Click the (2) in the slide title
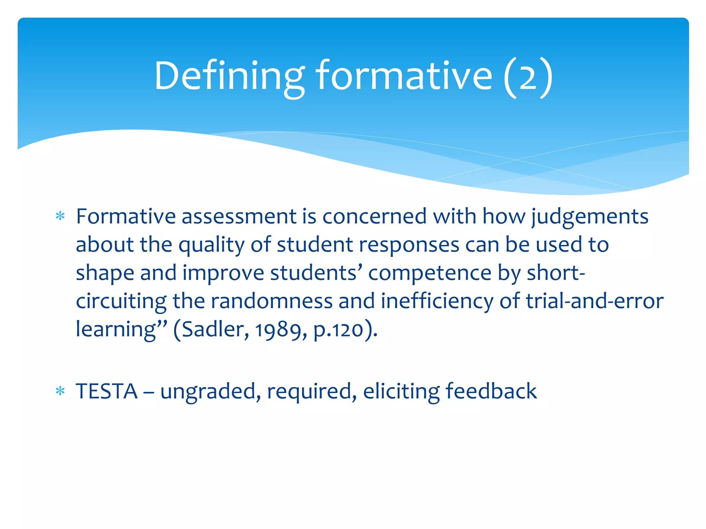[528, 76]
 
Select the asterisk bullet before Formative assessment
[60, 217]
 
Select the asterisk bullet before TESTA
[60, 392]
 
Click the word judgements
[590, 217]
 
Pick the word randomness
[272, 301]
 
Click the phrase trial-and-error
[595, 301]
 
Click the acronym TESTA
[107, 392]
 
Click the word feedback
[491, 392]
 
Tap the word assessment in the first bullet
[239, 217]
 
